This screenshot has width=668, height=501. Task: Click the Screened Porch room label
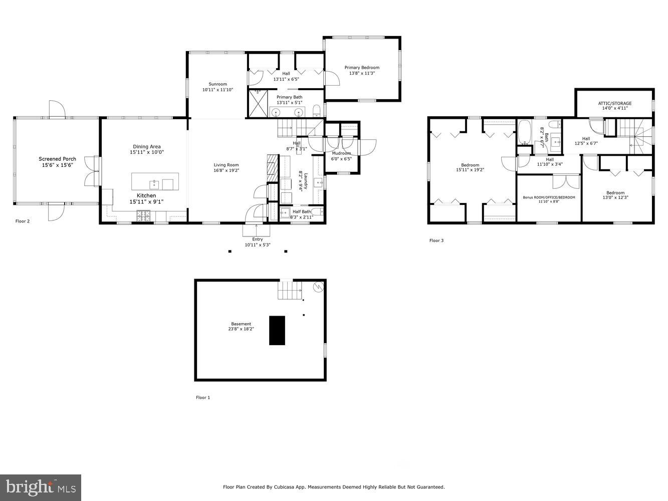pos(58,159)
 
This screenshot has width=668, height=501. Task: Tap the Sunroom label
pos(218,84)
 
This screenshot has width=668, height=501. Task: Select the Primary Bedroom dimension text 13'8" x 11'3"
pos(362,73)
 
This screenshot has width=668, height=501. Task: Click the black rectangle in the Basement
pos(277,330)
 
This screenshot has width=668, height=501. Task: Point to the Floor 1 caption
pos(203,397)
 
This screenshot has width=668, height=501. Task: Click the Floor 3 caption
pos(436,240)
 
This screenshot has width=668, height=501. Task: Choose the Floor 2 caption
pos(23,221)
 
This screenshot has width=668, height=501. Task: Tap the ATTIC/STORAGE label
pos(615,103)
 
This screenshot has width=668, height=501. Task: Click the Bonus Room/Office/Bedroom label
pos(549,197)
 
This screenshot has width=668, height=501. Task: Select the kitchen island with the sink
pos(155,181)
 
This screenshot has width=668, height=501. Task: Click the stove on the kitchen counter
pos(143,215)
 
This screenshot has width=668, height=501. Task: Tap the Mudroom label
pos(341,153)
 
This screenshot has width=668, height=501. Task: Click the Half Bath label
pos(302,211)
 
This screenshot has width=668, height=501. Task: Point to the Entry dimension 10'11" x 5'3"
pos(257,245)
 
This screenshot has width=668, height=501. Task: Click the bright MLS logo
pos(41,487)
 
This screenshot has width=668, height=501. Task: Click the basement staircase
pos(290,290)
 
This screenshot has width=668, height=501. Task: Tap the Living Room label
pos(227,165)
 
